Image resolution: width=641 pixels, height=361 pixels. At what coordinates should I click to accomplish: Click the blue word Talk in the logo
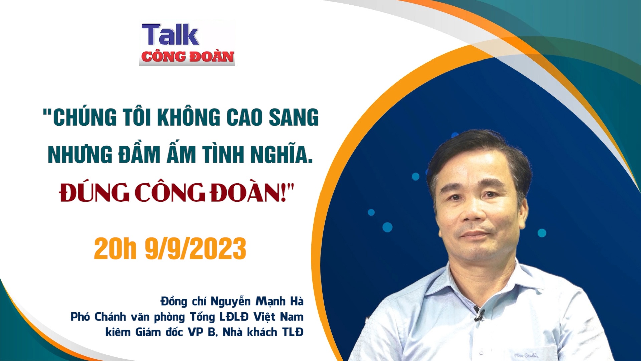[x=170, y=35]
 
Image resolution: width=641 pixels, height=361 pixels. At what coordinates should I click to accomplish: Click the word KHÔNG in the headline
[x=189, y=118]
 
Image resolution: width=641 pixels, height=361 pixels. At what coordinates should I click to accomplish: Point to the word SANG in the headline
[x=294, y=118]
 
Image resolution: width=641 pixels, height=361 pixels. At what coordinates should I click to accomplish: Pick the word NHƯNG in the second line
[x=80, y=155]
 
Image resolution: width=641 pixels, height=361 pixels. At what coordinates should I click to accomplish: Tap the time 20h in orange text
[x=115, y=249]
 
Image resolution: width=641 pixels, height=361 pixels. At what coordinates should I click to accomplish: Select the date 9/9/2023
[x=195, y=249]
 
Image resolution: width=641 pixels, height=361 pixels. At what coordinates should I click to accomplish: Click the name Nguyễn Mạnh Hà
[x=257, y=302]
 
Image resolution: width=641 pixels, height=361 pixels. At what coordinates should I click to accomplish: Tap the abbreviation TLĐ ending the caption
[x=293, y=332]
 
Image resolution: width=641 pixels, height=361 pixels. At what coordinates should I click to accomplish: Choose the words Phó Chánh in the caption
[x=98, y=317]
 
